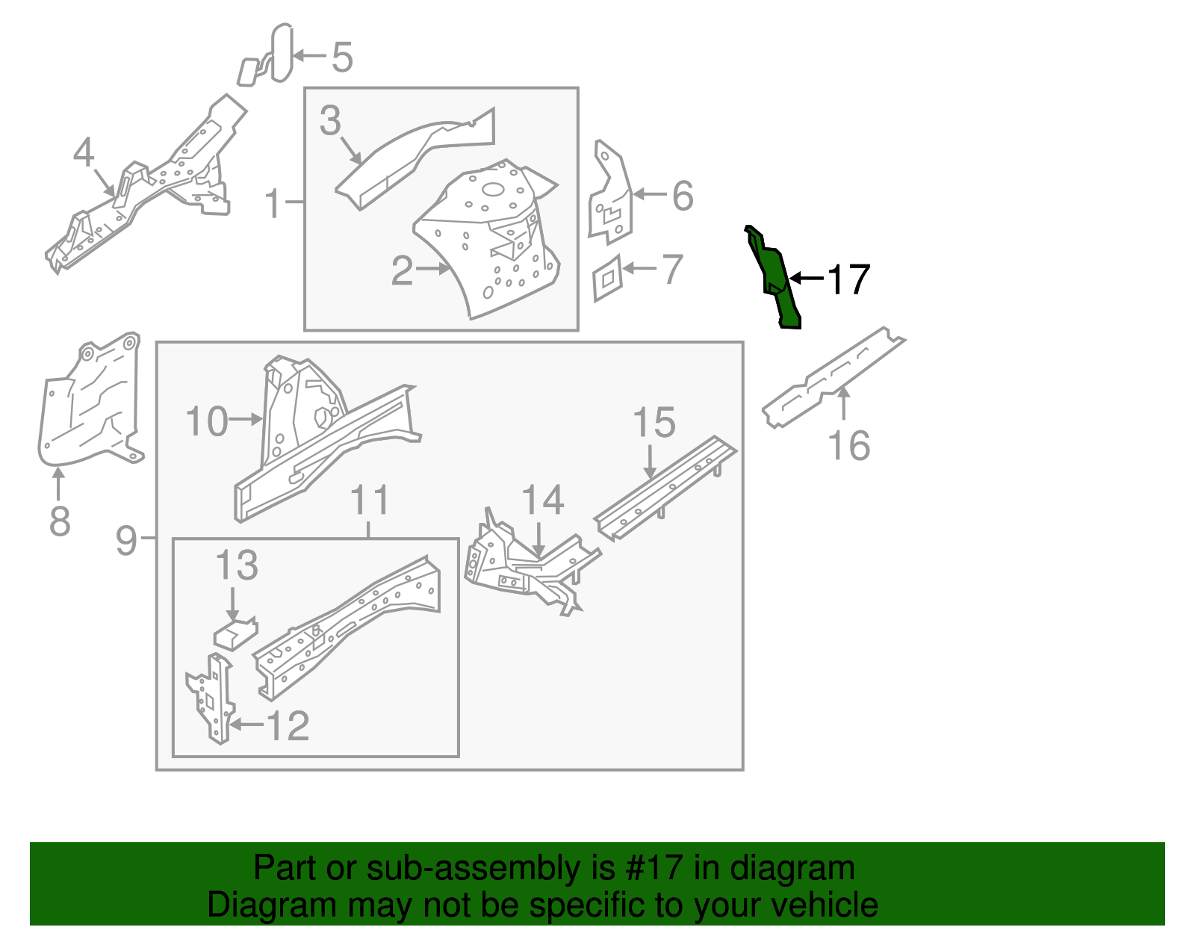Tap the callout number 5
(342, 57)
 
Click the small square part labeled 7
(607, 278)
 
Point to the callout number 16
(849, 446)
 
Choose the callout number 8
(60, 521)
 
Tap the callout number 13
(237, 565)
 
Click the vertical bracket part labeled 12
(214, 699)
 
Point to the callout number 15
(654, 423)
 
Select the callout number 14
(542, 500)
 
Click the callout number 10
(207, 421)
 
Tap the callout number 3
(329, 121)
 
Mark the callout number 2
(402, 270)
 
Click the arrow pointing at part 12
(246, 725)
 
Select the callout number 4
(84, 152)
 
